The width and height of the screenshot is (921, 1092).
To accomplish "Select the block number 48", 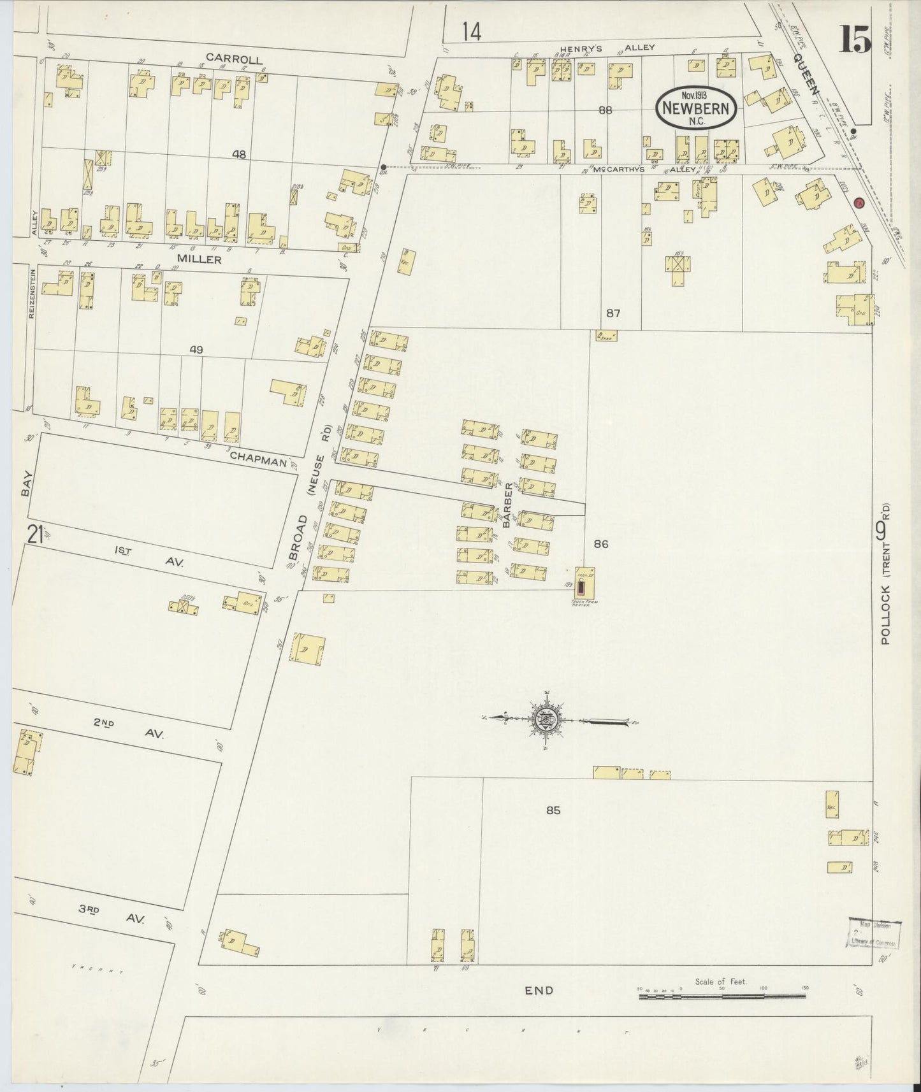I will click(239, 154).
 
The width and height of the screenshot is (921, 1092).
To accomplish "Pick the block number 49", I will click(196, 349).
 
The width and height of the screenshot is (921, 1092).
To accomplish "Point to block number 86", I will click(601, 543).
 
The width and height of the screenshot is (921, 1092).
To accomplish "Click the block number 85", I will click(553, 810).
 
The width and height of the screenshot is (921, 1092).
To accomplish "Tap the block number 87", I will click(613, 313).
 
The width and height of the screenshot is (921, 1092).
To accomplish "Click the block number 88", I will click(605, 110).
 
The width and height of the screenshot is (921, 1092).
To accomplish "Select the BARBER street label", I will click(507, 507).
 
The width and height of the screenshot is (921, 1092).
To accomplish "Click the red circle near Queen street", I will click(858, 203).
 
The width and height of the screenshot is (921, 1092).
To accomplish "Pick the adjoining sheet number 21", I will click(34, 533).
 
